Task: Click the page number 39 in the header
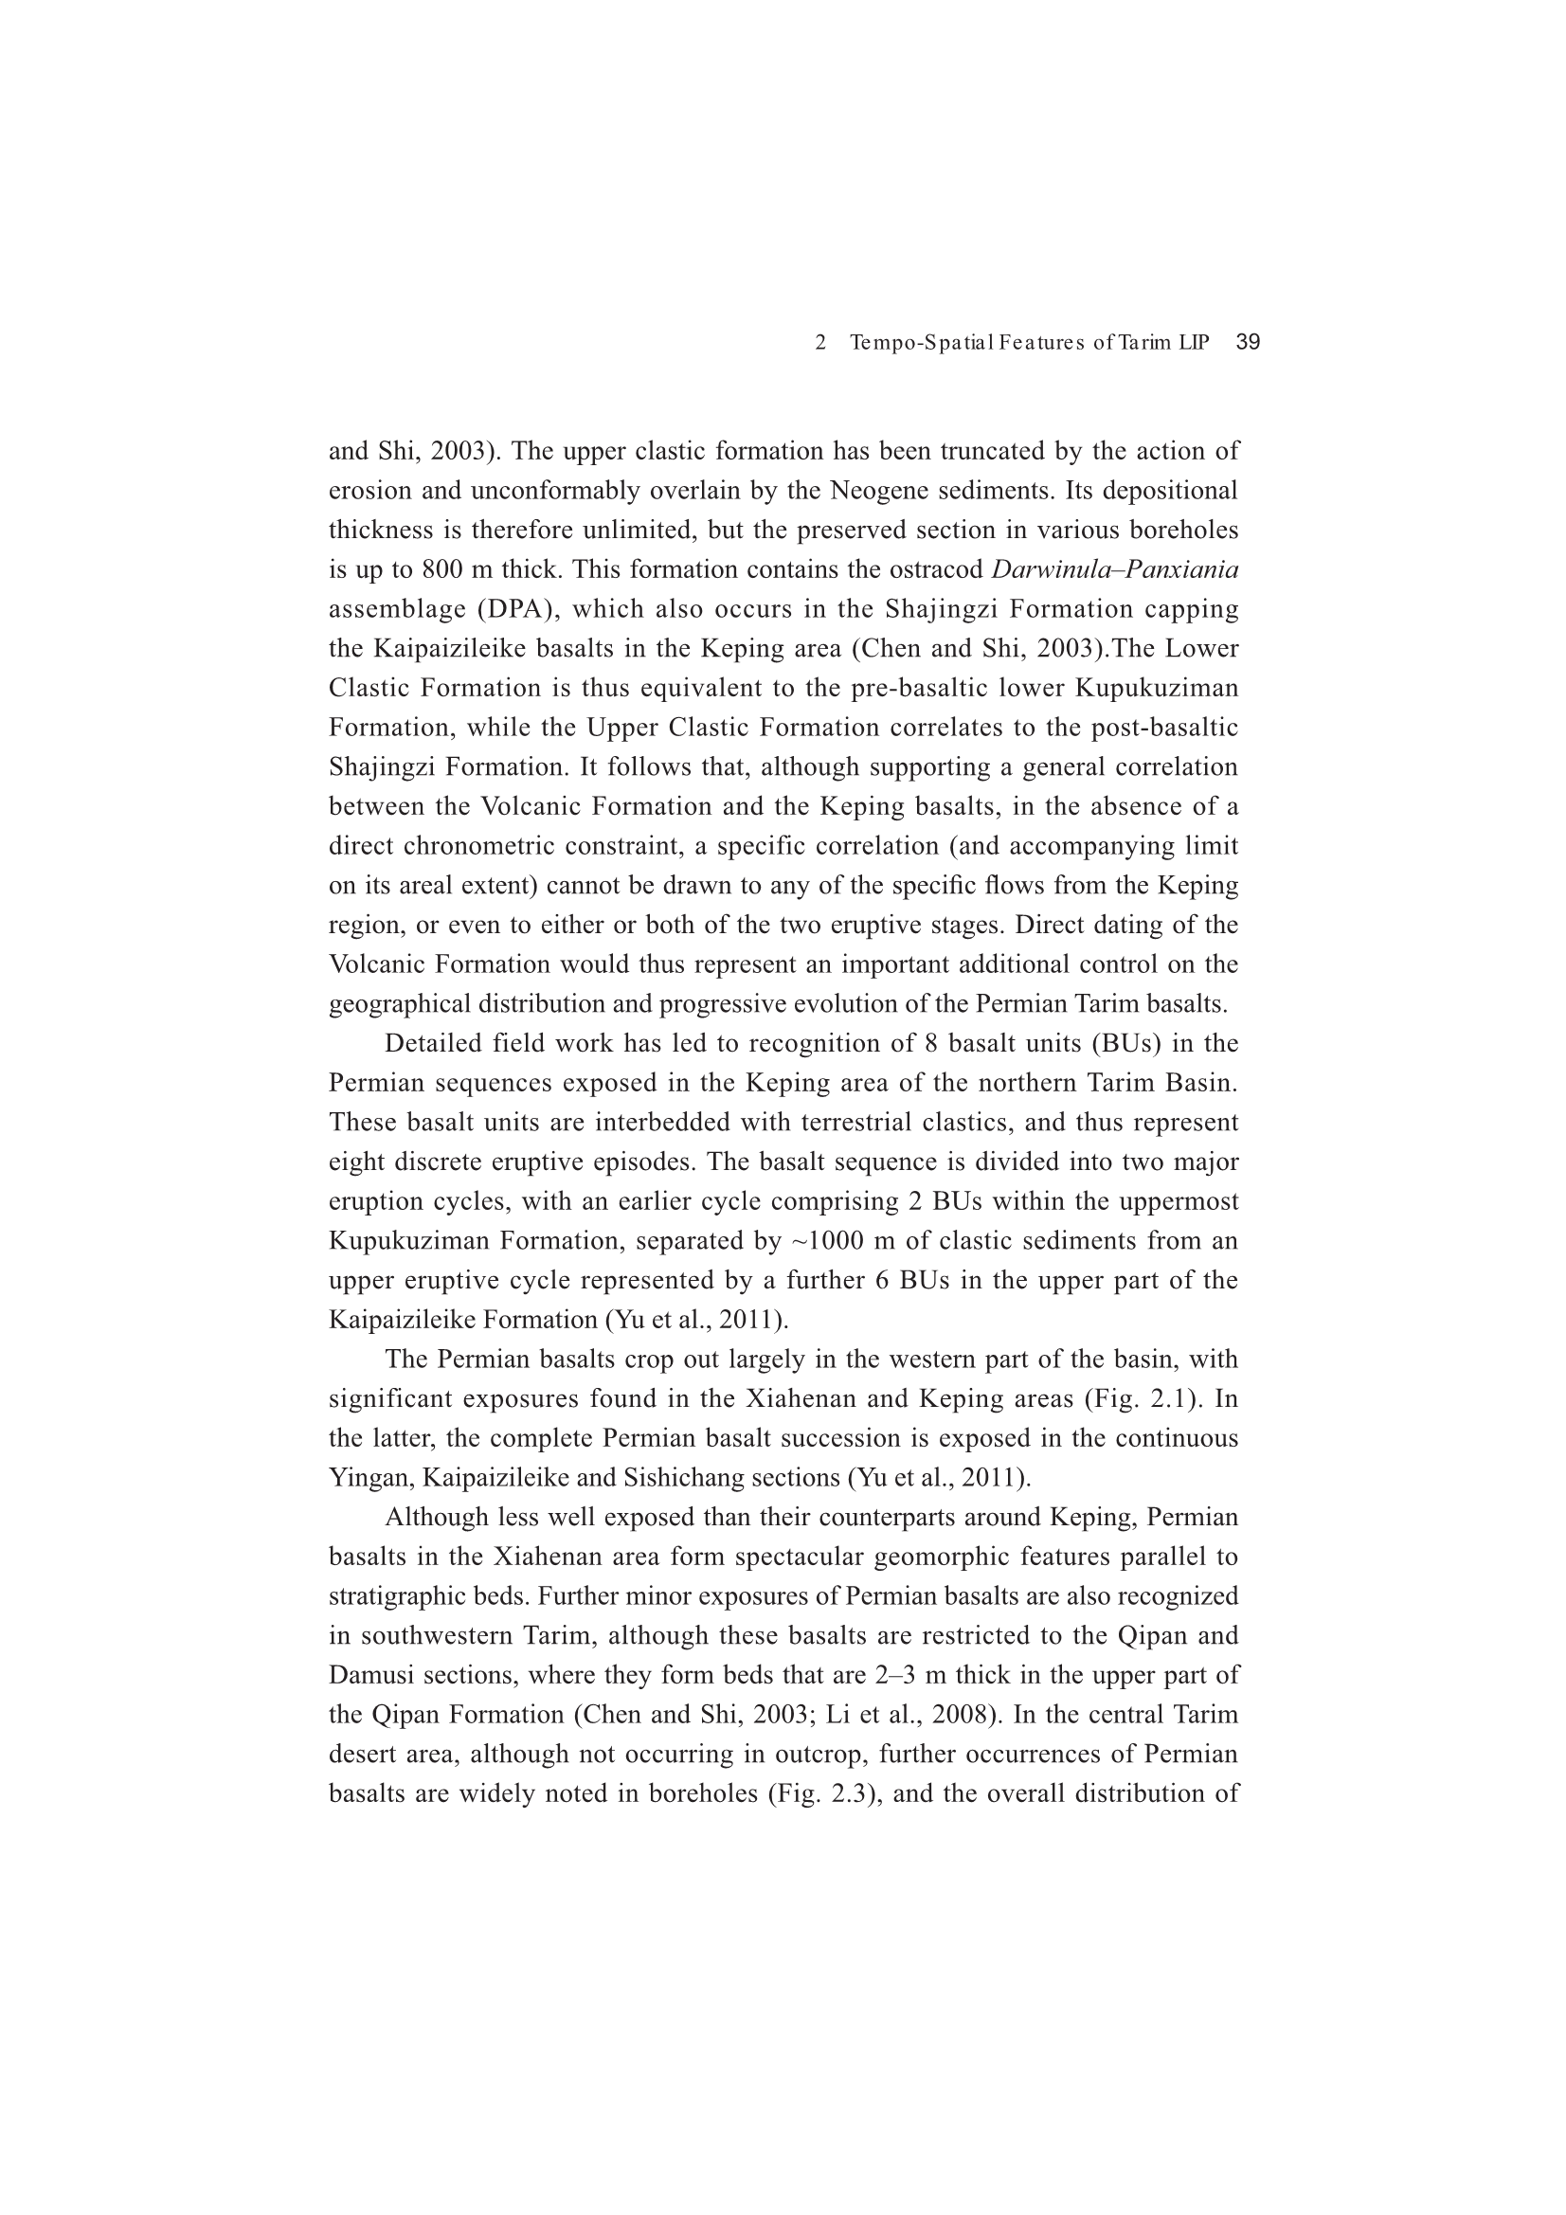pyautogui.click(x=1248, y=342)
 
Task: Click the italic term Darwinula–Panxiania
pyautogui.click(x=1114, y=570)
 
